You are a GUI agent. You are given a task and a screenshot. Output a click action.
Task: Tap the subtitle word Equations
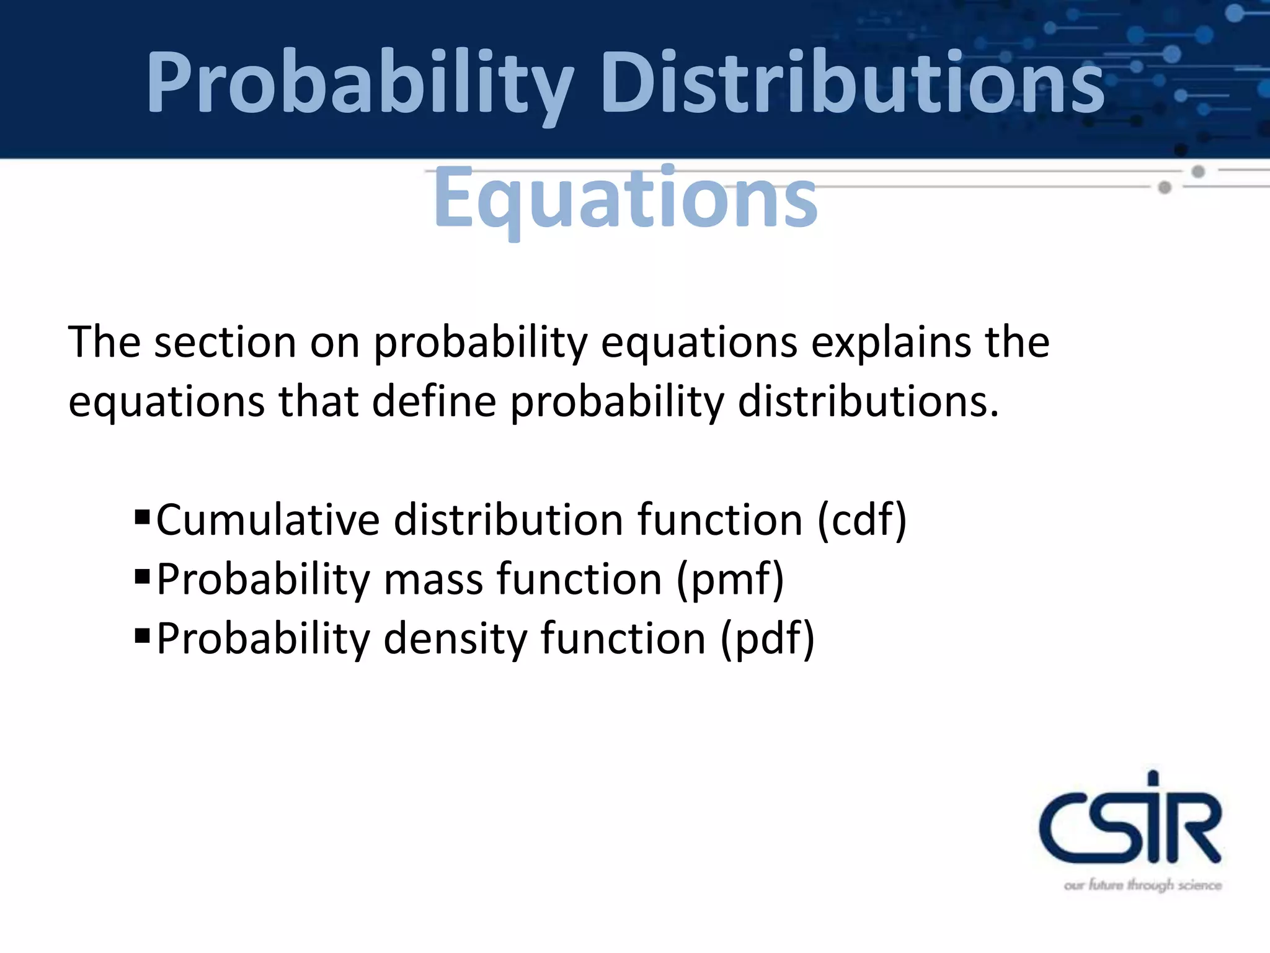pos(625,197)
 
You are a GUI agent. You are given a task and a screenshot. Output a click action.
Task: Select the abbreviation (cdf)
pos(862,519)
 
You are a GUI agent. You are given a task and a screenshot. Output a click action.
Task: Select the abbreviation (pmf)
pos(730,579)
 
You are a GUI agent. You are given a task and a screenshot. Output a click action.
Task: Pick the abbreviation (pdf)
pos(767,638)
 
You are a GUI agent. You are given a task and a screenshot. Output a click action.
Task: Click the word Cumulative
pos(267,519)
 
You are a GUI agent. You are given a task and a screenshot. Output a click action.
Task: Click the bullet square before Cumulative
pos(142,516)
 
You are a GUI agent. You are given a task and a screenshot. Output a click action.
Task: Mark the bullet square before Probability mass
pos(142,576)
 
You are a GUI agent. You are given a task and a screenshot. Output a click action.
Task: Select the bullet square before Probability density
pos(142,635)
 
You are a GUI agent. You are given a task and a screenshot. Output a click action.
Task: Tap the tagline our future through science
pos(1142,885)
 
